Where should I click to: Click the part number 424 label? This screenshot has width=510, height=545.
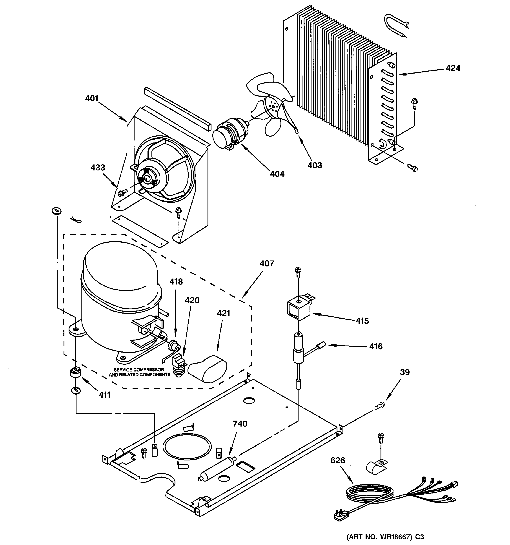coord(453,68)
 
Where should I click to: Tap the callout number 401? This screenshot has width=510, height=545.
coord(92,98)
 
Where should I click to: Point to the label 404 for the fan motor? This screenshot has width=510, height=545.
coord(277,174)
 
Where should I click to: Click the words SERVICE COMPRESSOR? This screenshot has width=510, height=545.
coord(139,369)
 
